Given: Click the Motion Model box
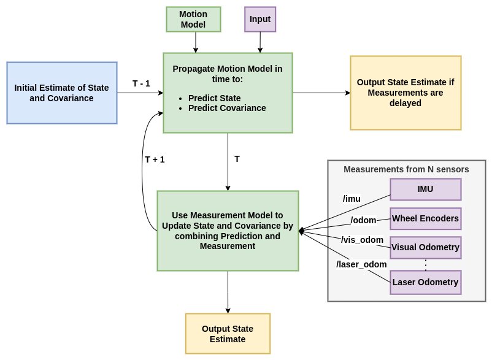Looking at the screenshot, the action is (x=193, y=19).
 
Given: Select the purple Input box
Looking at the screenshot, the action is (x=260, y=19).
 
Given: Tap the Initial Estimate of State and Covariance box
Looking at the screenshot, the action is (x=62, y=93).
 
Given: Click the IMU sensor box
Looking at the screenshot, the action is (x=426, y=189).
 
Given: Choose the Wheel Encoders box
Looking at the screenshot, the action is (x=426, y=218).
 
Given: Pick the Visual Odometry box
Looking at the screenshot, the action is (x=426, y=247).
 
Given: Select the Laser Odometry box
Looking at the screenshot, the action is (x=426, y=282).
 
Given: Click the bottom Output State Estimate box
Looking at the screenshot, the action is (x=228, y=334).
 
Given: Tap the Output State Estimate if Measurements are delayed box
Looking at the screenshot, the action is (x=406, y=93).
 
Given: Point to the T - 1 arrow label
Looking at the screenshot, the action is (x=141, y=84).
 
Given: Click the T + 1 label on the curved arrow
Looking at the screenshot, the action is (x=155, y=159).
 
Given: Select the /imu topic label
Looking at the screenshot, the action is (x=352, y=199).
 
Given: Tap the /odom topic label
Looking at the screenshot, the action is (x=363, y=220).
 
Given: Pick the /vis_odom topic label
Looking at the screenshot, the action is (x=362, y=240).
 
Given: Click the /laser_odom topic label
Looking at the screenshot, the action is (x=361, y=264).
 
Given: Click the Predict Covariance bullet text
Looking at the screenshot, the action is (x=227, y=108).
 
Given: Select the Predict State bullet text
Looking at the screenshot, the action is (x=214, y=98).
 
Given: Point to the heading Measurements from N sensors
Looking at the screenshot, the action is (x=406, y=169).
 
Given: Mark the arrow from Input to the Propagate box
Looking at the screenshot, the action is (x=260, y=42).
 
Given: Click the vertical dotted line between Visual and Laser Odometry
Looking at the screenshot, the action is (x=426, y=265).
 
